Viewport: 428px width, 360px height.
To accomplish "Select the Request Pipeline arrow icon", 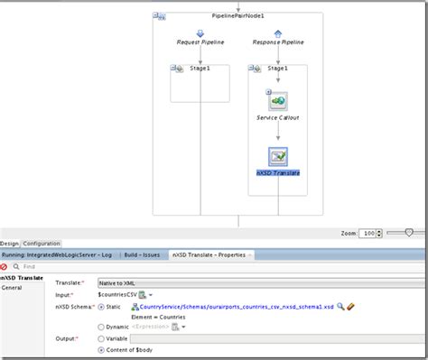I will click(x=200, y=33).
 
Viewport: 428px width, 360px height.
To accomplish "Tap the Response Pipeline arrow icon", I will click(x=278, y=33).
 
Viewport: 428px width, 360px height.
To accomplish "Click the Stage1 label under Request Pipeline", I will click(x=200, y=68).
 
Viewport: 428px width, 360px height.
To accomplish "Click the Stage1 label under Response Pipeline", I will click(x=278, y=68).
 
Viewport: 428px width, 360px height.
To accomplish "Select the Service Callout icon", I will click(x=278, y=101).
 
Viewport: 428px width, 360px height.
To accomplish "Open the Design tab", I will click(x=9, y=244).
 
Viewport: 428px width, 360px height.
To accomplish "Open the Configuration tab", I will click(x=42, y=244).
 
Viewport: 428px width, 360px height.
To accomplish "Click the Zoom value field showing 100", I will click(x=368, y=233).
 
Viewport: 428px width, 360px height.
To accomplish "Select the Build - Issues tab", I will click(x=143, y=255).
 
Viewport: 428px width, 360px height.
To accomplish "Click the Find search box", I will click(x=54, y=267).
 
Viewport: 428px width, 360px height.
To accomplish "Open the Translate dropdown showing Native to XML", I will click(x=262, y=282).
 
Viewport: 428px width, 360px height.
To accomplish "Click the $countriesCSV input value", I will click(x=116, y=295).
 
